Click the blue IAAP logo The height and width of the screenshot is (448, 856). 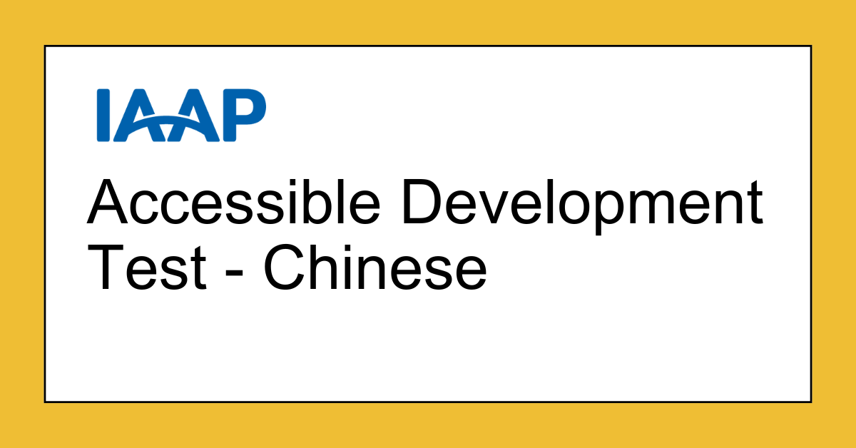coord(181,115)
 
